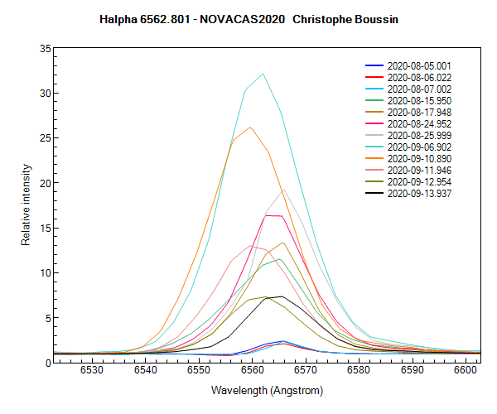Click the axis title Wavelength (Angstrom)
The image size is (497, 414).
pos(267,389)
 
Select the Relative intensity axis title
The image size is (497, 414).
pos(26,205)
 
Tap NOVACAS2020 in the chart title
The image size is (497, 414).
pos(254,17)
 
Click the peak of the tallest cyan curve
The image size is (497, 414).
pos(263,74)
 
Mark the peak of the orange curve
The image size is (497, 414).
pos(250,127)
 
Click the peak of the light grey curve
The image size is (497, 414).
pos(284,190)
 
